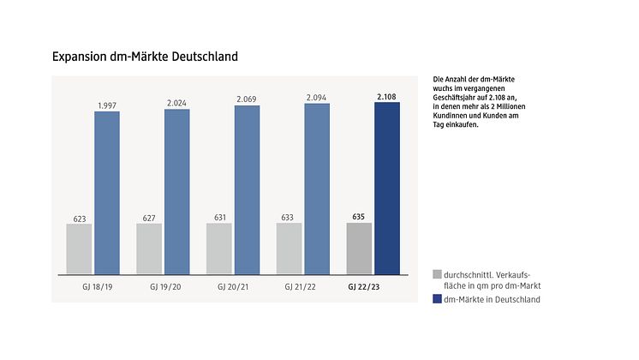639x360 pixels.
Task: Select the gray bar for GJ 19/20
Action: pos(149,249)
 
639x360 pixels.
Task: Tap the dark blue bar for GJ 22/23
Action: pos(387,189)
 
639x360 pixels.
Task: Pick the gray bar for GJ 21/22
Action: pos(290,249)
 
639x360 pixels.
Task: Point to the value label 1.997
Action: pos(107,105)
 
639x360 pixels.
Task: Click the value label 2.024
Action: pos(177,103)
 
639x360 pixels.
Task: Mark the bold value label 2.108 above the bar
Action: pos(387,96)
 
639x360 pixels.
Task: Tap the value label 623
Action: pos(79,218)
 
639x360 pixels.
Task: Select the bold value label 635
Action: pos(359,217)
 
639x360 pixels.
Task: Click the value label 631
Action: pos(219,217)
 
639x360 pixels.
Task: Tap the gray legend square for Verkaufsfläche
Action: pos(438,274)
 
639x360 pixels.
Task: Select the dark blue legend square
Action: pos(438,299)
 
